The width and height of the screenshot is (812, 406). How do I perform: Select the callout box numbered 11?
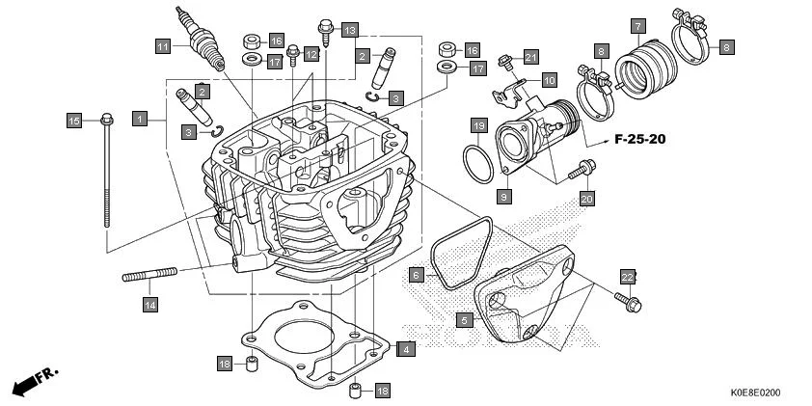click(x=164, y=46)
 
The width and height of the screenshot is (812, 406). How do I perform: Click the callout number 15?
click(x=74, y=121)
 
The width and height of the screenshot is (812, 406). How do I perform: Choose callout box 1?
click(x=140, y=119)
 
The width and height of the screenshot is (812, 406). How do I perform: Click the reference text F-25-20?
click(x=639, y=140)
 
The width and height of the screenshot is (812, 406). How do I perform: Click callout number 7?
click(x=637, y=25)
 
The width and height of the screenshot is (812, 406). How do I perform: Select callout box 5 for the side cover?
click(x=464, y=319)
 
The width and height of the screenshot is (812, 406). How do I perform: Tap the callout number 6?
click(x=416, y=274)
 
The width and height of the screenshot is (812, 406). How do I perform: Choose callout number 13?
click(x=348, y=30)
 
